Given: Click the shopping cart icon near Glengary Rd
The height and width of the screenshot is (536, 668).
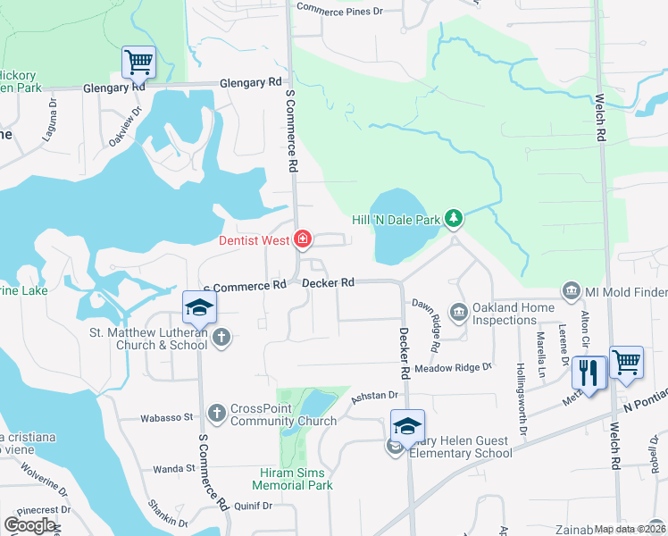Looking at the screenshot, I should (x=138, y=62).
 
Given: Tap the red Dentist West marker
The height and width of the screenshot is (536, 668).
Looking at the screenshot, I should (x=303, y=239).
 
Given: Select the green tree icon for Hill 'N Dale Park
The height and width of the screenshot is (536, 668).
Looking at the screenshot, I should (x=454, y=218).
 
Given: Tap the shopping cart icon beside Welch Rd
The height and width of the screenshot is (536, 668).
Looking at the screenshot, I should (x=626, y=362).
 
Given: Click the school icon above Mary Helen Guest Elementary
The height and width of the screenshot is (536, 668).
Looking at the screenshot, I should (x=406, y=425).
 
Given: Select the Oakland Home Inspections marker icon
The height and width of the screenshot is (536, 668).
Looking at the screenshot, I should (x=459, y=311).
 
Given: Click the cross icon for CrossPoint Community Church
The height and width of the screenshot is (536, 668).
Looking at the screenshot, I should (x=216, y=413).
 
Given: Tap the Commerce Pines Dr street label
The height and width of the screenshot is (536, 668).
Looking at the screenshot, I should (x=338, y=11).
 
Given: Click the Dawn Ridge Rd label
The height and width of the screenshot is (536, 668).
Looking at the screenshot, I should (x=426, y=323).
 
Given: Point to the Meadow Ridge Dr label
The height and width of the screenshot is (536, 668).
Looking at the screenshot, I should (x=453, y=367).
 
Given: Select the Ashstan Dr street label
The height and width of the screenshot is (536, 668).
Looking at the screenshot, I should (x=374, y=395).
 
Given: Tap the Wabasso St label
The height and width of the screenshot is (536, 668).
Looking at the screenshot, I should (x=168, y=417).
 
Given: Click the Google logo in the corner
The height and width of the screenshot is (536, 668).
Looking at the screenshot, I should (x=30, y=525).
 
